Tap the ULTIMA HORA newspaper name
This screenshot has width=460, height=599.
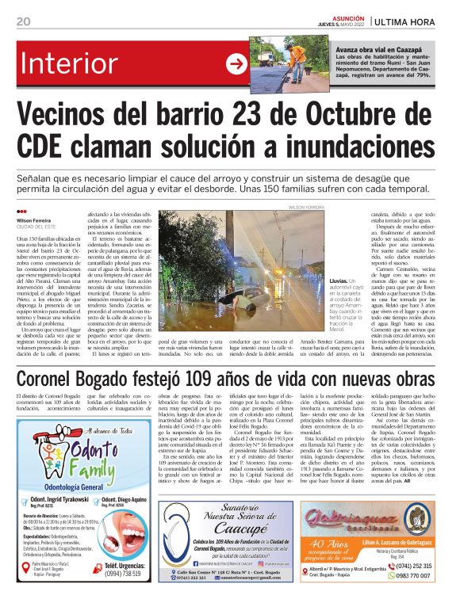[412, 21]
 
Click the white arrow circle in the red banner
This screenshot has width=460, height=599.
[236, 64]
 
